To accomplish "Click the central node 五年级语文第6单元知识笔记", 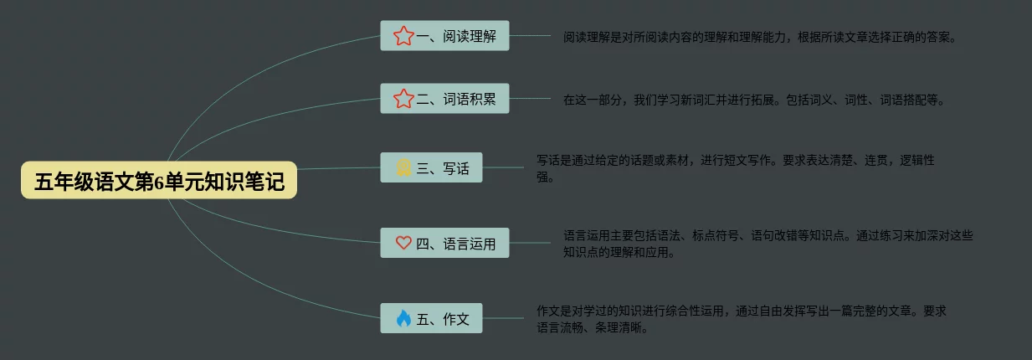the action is [159, 181].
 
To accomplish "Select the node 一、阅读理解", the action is [444, 36].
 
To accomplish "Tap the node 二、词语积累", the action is [444, 99].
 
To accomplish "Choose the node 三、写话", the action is [431, 167].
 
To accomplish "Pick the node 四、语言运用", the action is [444, 243].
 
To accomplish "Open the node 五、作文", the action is [431, 318].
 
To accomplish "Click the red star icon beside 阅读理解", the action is [403, 36].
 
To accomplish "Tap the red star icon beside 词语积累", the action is [403, 99].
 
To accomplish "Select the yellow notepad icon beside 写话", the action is [403, 167].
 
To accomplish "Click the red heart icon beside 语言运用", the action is [403, 243].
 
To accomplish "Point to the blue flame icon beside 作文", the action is [403, 318].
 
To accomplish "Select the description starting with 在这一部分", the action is [753, 100].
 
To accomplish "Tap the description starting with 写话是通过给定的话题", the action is [735, 168].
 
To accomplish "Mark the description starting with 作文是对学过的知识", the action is [741, 319].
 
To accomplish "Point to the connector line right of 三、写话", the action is [503, 167].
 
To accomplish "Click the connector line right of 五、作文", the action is [503, 318].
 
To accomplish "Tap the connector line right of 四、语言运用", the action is [519, 243].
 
